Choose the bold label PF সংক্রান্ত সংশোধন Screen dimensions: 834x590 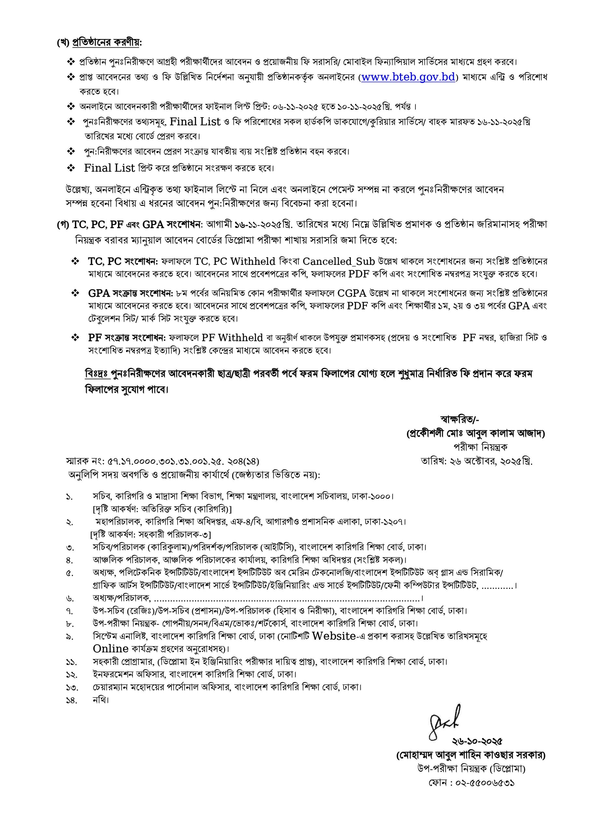point(127,338)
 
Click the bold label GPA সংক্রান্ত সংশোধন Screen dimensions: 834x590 point(130,293)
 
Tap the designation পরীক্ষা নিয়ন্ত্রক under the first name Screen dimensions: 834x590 point(480,447)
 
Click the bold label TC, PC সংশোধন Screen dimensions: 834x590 point(123,262)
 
